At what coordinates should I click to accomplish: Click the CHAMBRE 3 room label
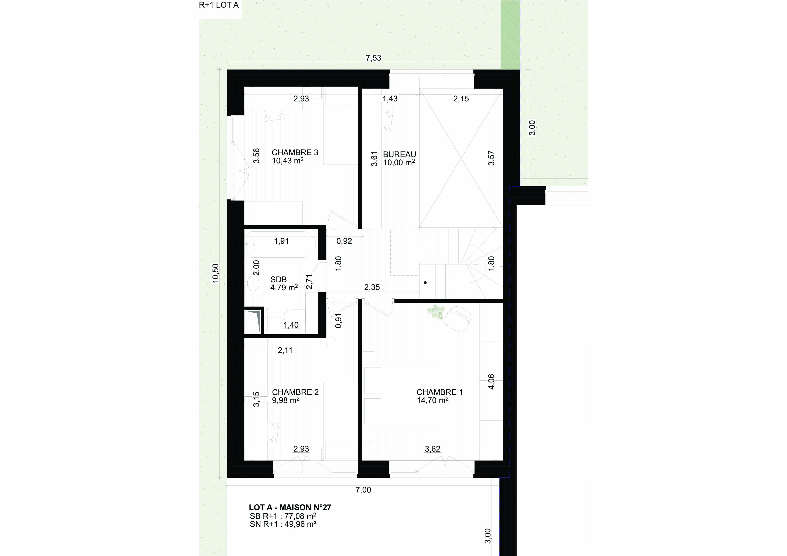click(295, 152)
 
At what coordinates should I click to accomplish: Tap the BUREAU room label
click(399, 154)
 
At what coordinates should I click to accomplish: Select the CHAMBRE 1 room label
click(439, 392)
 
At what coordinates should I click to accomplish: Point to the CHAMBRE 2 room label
click(295, 392)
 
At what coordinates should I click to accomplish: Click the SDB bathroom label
click(278, 280)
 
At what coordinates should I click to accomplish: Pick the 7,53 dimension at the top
click(373, 58)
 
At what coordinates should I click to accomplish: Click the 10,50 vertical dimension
click(215, 273)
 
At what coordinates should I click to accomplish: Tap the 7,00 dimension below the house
click(363, 490)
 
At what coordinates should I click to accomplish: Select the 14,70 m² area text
click(433, 400)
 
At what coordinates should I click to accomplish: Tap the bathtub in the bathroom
click(281, 245)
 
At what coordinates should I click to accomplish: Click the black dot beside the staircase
click(425, 283)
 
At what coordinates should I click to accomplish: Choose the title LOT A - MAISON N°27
click(290, 507)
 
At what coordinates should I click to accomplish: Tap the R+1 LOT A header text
click(219, 5)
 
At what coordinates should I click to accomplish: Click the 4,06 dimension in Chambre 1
click(492, 381)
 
